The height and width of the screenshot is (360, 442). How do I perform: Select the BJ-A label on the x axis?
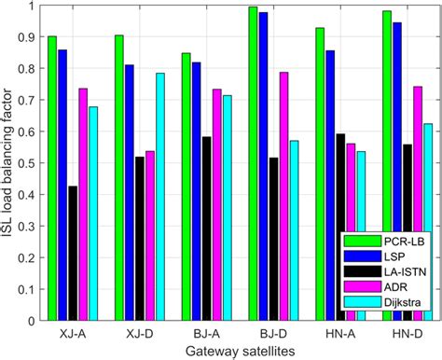click(207, 333)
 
